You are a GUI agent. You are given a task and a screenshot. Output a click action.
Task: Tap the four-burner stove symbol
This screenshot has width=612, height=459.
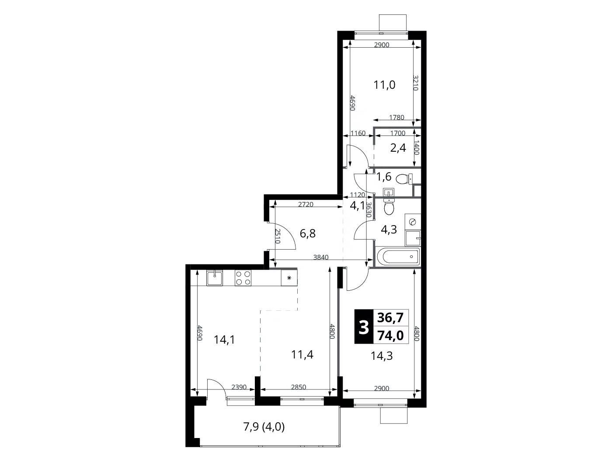(x=243, y=278)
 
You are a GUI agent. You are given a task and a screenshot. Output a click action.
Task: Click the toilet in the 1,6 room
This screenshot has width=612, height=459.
(x=404, y=178)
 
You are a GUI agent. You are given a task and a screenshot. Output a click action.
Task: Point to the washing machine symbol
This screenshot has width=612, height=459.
(x=413, y=222)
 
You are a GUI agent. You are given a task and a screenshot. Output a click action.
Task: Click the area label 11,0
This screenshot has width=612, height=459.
(x=384, y=85)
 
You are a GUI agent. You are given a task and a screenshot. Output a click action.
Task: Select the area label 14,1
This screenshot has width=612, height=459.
(x=224, y=340)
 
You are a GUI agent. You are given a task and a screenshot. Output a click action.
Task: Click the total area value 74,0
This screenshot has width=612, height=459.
(x=390, y=336)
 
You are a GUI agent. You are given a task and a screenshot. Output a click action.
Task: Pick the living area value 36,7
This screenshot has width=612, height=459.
(x=390, y=317)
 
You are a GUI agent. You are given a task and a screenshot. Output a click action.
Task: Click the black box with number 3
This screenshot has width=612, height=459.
(x=364, y=327)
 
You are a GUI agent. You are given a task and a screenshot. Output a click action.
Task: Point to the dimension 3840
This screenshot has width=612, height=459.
(x=320, y=257)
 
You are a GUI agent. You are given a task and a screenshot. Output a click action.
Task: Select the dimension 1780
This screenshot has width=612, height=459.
(x=396, y=117)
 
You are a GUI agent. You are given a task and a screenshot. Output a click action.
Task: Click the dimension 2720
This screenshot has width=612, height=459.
(x=306, y=204)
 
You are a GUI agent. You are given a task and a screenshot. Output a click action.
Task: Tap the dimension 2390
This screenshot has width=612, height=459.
(x=239, y=387)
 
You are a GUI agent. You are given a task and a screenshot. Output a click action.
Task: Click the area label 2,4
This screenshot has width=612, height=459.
(x=398, y=148)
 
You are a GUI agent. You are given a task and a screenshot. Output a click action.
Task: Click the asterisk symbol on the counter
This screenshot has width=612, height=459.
(x=289, y=278)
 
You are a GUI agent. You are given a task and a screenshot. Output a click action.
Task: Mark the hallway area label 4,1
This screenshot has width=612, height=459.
(x=357, y=205)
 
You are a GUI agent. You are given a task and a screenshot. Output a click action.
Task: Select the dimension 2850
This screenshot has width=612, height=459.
(x=298, y=387)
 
